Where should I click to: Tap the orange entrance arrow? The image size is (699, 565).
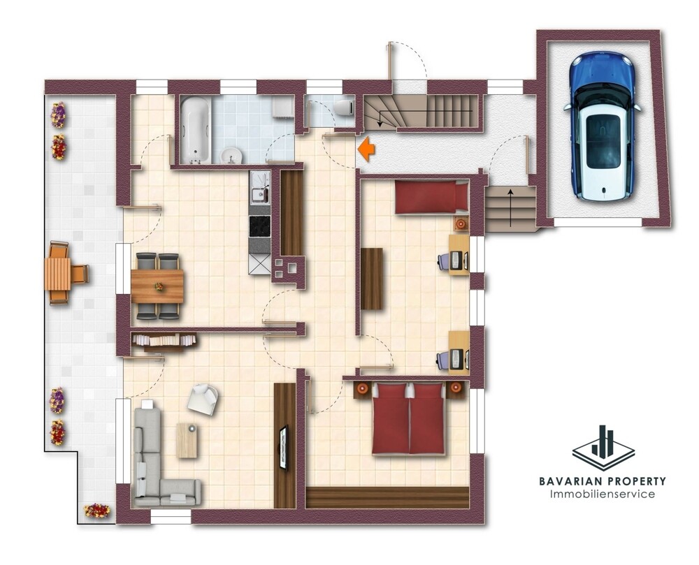point(366,149)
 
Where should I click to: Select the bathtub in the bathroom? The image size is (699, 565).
point(195,129)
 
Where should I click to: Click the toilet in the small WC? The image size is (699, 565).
point(344,108)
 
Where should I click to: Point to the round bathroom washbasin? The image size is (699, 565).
point(231,156)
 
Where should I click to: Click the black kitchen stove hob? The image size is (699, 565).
point(260,226)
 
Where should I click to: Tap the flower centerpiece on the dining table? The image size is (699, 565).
point(159,286)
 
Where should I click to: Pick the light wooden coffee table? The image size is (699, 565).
point(187,440)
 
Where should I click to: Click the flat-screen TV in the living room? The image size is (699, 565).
point(284,447)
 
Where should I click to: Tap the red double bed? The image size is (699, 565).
point(409,418)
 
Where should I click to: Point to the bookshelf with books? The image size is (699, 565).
point(164,341)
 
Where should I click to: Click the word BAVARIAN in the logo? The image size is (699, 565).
point(568,481)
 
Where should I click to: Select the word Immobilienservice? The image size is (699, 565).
point(603,494)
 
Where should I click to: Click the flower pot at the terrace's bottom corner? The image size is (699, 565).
point(96,511)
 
